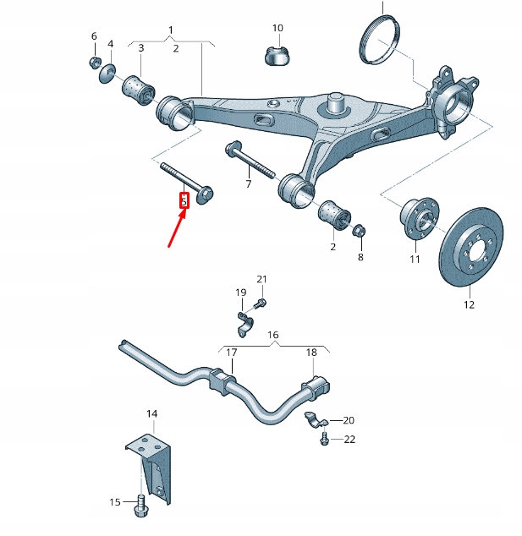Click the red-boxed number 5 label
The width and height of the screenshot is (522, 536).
(184, 201)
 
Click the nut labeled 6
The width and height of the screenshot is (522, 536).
(95, 63)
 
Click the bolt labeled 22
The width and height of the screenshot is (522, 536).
(325, 439)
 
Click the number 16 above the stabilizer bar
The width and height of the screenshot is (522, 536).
(273, 335)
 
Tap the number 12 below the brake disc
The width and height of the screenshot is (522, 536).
(469, 304)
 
